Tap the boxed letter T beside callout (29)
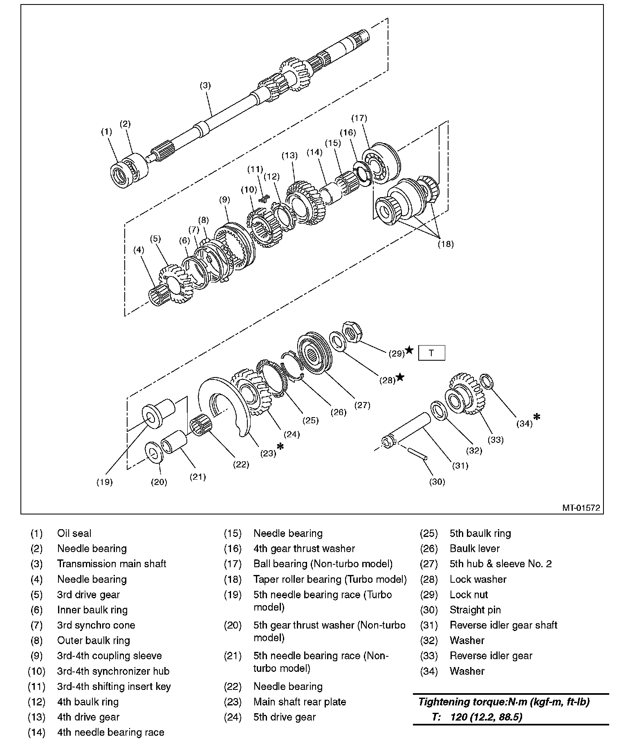[x=431, y=353]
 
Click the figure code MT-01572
[x=581, y=508]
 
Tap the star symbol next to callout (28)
[x=400, y=377]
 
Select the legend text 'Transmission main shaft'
[x=112, y=564]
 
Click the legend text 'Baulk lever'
[x=474, y=548]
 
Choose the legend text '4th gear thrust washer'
[x=304, y=548]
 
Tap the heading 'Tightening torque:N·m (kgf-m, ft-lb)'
[x=503, y=702]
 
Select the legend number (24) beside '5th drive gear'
[x=233, y=717]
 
